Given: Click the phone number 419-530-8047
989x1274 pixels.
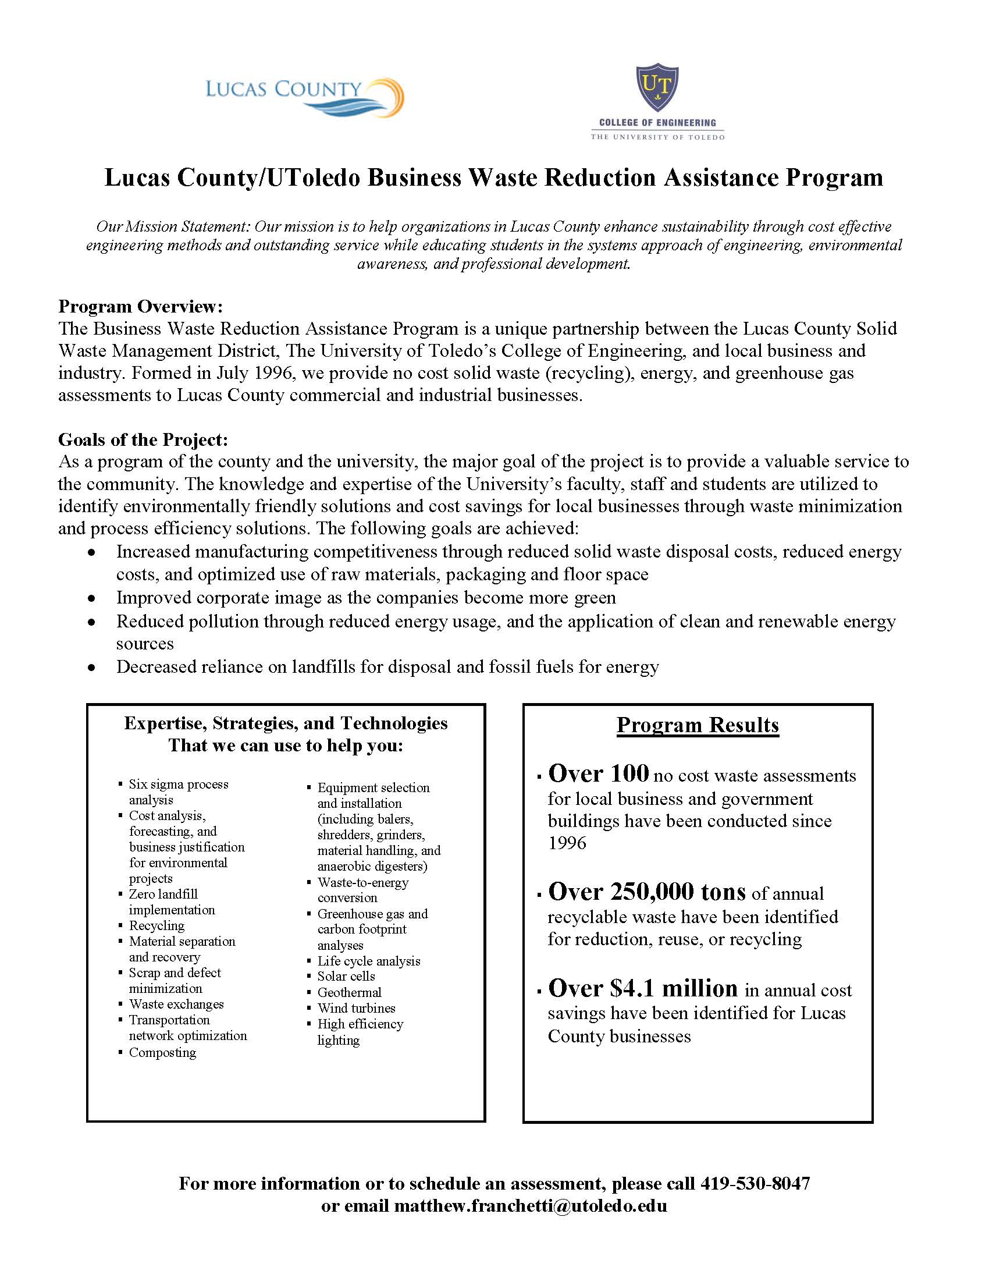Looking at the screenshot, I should tap(755, 1183).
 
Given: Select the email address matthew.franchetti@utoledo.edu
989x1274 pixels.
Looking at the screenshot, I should tap(530, 1205).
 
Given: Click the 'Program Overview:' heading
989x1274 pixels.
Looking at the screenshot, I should tap(141, 306).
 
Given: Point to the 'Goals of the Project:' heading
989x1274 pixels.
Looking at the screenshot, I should tap(143, 439).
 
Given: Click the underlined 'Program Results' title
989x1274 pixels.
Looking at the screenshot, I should tap(698, 725).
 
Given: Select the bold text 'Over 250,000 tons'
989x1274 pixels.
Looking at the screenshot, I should tap(647, 891).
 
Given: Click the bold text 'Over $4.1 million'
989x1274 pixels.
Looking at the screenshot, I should tap(643, 988).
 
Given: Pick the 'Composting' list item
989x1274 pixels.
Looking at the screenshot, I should tap(162, 1052).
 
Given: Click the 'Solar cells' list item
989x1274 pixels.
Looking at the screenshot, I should tap(346, 976).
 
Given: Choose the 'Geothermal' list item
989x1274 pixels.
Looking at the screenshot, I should tap(349, 992).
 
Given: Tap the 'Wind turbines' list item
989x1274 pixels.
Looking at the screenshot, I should tap(356, 1008).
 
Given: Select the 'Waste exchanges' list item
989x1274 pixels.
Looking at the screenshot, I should tap(176, 1004).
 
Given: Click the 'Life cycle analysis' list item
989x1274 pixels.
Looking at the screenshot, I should tap(368, 961).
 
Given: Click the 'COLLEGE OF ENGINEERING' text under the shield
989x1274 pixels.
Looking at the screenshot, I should tap(657, 123).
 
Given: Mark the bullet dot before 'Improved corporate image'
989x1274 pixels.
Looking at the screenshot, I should tap(91, 598).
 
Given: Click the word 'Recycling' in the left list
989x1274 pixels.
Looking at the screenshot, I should tap(156, 925).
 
